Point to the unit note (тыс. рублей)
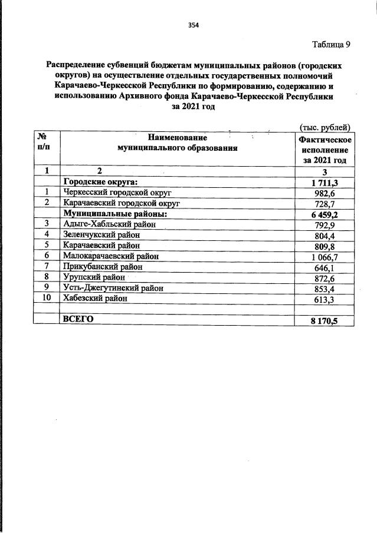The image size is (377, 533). click(326, 127)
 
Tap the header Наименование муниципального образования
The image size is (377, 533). click(178, 143)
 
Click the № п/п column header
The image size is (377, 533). click(47, 143)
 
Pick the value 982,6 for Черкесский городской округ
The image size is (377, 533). click(326, 193)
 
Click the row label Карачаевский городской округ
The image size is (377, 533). click(121, 203)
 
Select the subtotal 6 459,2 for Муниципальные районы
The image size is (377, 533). click(324, 214)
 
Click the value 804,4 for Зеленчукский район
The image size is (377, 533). click(326, 235)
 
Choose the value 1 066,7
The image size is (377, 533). click(324, 256)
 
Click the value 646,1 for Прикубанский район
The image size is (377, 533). click(326, 267)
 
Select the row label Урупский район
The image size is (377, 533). click(94, 277)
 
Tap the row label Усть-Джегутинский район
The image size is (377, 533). click(113, 288)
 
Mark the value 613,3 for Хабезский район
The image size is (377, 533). click(326, 299)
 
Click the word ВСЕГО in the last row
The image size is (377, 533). click(78, 319)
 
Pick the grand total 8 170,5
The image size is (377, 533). click(324, 320)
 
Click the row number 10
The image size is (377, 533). click(47, 299)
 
